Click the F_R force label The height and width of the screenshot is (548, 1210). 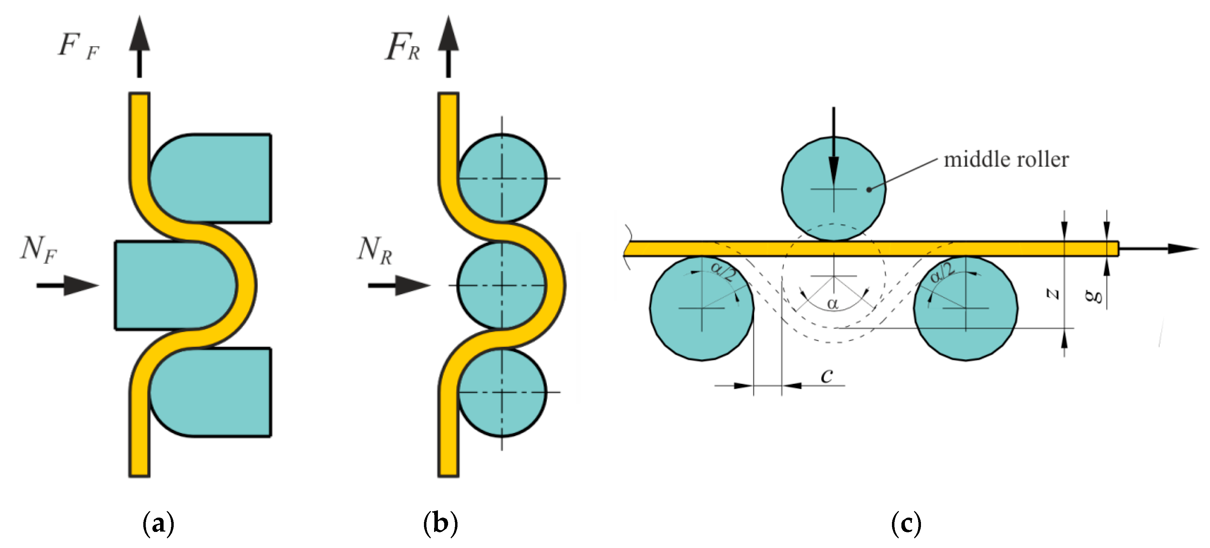click(x=402, y=47)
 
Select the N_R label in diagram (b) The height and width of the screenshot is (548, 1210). click(x=374, y=250)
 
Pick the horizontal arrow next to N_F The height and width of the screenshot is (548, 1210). click(x=68, y=285)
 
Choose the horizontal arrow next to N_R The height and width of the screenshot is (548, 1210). click(x=399, y=285)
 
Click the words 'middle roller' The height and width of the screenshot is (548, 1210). click(x=1006, y=160)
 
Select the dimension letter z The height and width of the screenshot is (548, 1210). click(x=1052, y=294)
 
